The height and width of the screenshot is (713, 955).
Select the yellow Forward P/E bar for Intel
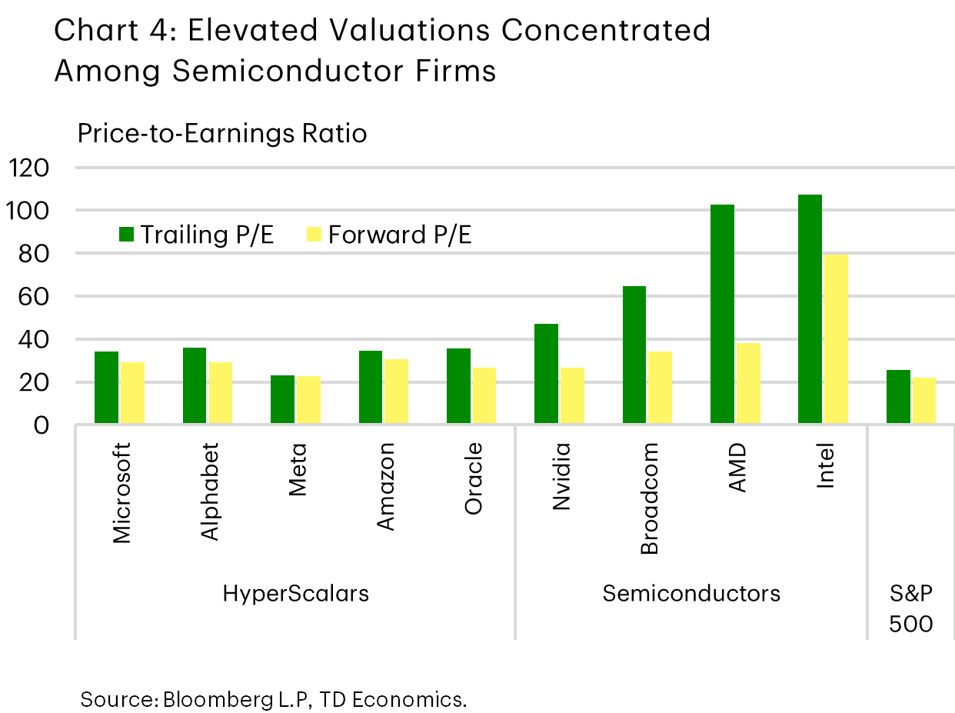[836, 339]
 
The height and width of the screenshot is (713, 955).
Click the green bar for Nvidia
[547, 374]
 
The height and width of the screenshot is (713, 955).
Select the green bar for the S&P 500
[898, 397]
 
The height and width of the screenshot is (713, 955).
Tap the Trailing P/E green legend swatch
[127, 234]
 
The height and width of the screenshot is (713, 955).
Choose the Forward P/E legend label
[400, 234]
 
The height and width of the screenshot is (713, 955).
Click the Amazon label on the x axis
[387, 486]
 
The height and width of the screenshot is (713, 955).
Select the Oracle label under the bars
[474, 478]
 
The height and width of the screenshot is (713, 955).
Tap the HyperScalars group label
[295, 594]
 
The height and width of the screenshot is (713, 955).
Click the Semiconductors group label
[691, 594]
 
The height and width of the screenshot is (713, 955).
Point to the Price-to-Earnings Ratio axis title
[221, 134]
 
